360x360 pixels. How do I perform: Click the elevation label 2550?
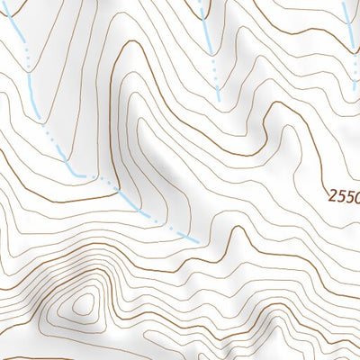tap(344, 195)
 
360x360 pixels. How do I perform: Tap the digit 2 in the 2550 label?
tap(332, 195)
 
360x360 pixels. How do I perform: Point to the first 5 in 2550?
tap(341, 195)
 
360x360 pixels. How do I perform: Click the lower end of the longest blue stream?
tap(196, 240)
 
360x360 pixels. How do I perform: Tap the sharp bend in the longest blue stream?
tap(79, 172)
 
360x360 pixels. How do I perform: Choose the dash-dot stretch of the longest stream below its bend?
tap(144, 209)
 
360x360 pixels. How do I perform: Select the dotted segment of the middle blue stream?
tap(214, 76)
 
